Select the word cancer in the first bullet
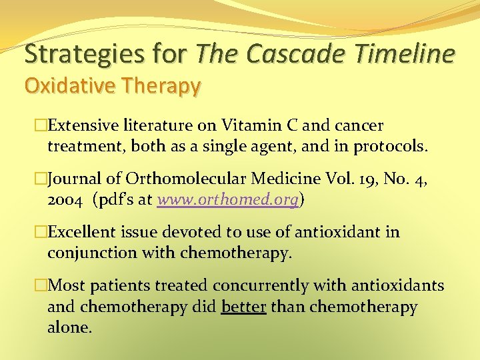(x=359, y=125)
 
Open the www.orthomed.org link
(x=228, y=199)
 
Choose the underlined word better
(x=243, y=307)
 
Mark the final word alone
(x=69, y=327)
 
